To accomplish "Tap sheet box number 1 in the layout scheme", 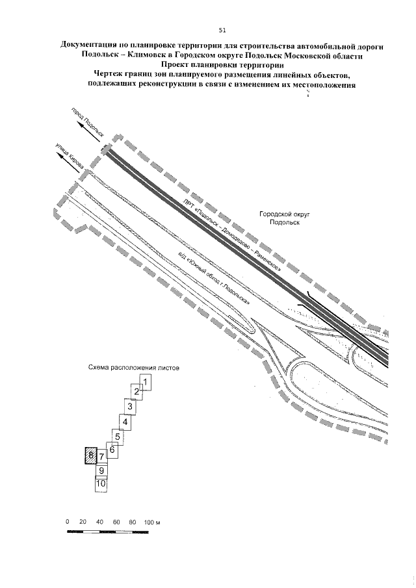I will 146,383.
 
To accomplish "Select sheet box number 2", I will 136,391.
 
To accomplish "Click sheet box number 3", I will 130,407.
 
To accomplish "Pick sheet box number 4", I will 125,422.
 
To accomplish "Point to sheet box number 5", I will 118,436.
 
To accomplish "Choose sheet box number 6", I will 112,450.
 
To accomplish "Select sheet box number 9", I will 101,470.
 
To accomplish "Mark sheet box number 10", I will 101,483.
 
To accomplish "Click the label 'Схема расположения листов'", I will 133,367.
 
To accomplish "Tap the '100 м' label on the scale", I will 152,522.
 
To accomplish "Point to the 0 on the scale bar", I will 68,522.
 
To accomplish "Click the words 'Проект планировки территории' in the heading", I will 222,65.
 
